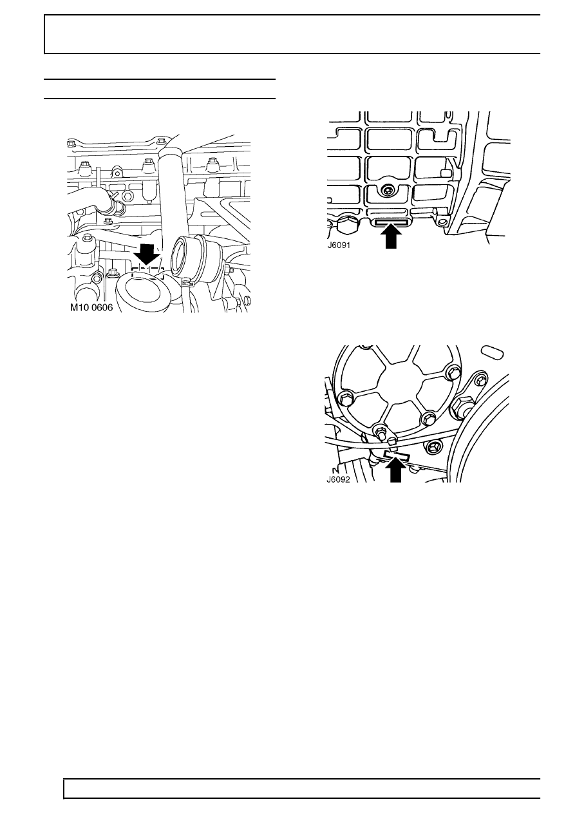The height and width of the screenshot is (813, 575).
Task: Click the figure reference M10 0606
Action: (x=91, y=307)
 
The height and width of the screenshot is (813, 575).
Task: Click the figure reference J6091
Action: (x=339, y=245)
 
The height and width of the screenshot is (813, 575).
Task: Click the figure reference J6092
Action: (x=338, y=479)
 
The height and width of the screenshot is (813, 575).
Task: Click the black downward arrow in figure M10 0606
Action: (x=147, y=254)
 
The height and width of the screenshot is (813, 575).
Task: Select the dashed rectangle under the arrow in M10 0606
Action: (x=147, y=273)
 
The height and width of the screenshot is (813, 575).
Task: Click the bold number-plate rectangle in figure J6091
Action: (x=391, y=222)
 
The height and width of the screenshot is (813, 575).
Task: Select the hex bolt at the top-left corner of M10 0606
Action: (x=70, y=142)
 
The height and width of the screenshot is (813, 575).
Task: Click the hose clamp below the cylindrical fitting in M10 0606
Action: (x=187, y=282)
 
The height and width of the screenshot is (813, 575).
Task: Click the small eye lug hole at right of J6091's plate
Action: (x=441, y=222)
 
